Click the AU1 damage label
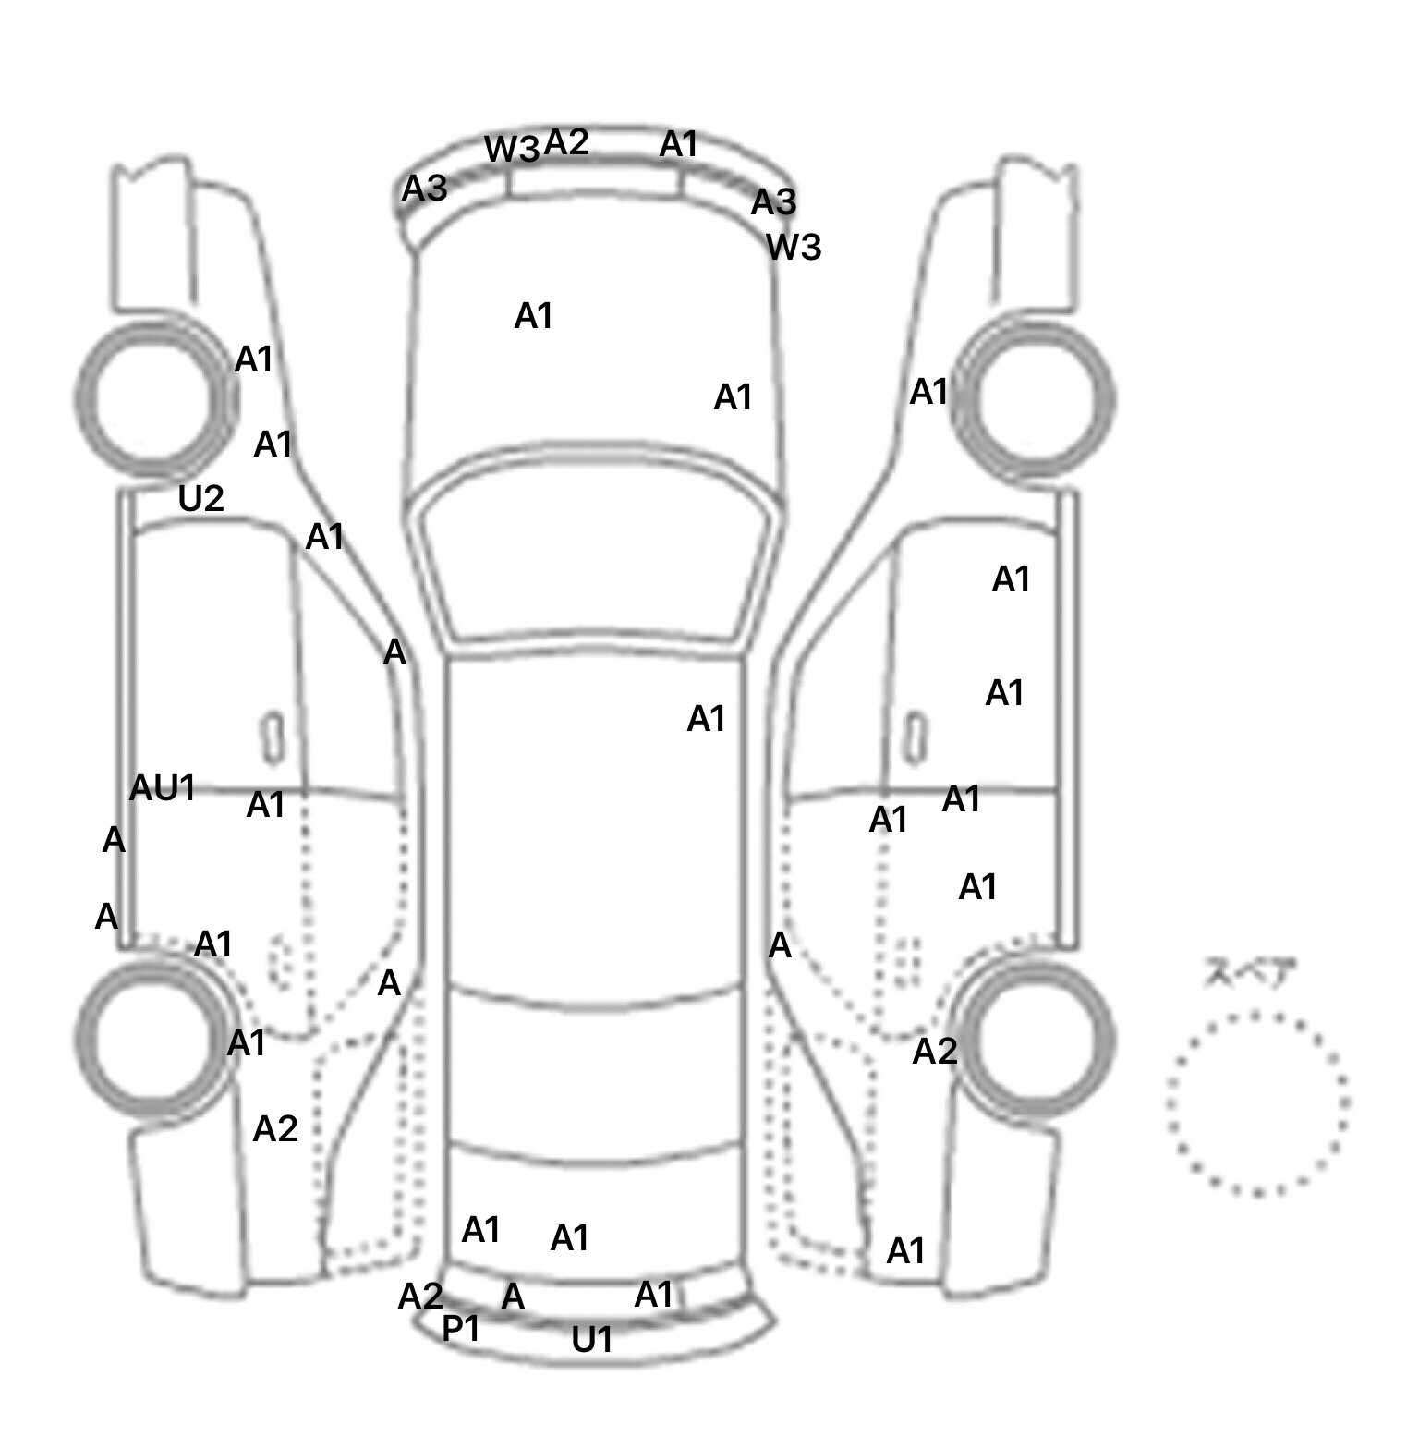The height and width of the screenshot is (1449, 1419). [x=163, y=788]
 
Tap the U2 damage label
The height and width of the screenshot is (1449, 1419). [x=200, y=499]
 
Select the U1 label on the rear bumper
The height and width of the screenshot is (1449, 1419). [x=592, y=1340]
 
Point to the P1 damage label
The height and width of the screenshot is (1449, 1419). [x=461, y=1329]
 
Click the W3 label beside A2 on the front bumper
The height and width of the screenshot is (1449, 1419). [x=512, y=150]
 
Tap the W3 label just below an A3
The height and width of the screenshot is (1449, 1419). [x=794, y=248]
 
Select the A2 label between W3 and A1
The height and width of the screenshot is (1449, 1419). [x=566, y=142]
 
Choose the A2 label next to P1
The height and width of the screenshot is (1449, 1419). [x=420, y=1297]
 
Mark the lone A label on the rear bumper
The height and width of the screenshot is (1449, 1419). [x=513, y=1297]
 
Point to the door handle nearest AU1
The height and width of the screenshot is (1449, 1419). [x=273, y=738]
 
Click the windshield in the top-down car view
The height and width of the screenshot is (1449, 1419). [x=596, y=554]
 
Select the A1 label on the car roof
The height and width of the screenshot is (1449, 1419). [x=707, y=719]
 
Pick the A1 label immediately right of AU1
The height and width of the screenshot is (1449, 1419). [x=266, y=806]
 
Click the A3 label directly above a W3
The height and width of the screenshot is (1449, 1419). [x=773, y=202]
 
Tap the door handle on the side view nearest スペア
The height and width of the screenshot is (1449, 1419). [x=915, y=738]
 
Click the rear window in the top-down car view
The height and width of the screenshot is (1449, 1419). [x=596, y=1072]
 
